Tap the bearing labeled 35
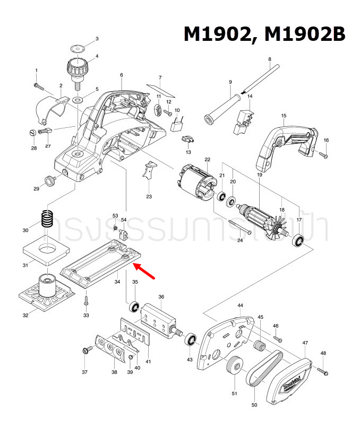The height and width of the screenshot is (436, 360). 135,307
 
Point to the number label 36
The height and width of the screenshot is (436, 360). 161,297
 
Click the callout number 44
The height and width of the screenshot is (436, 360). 240,306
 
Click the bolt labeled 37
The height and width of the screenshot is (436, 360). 85,351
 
